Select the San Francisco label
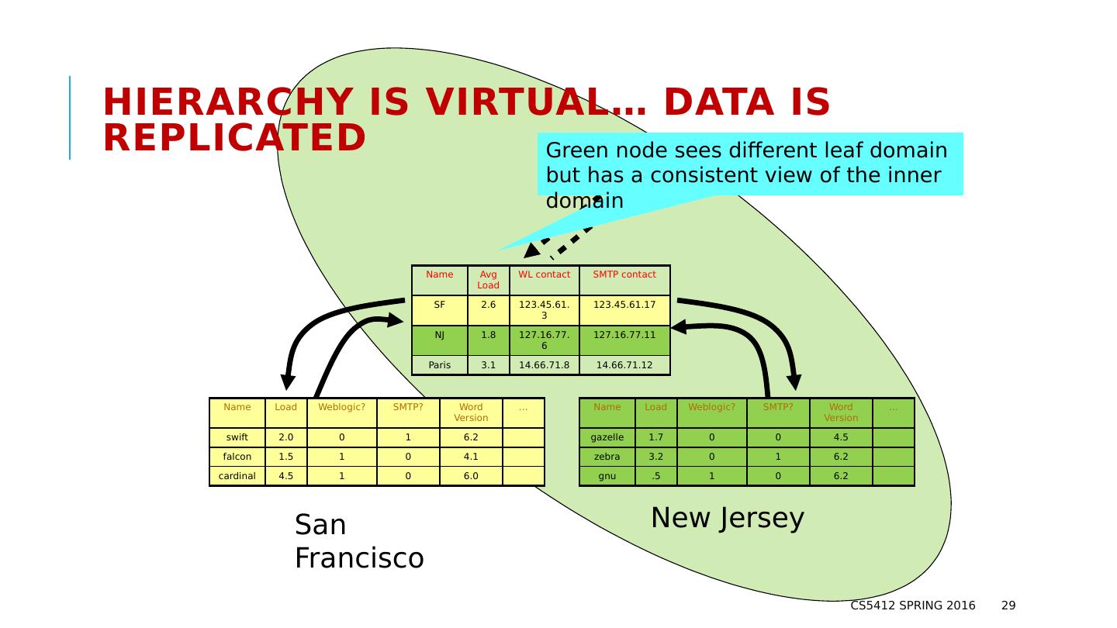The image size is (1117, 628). click(358, 541)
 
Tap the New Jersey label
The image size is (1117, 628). click(727, 518)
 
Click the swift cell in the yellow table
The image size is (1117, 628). click(237, 437)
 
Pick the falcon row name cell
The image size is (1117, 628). click(237, 457)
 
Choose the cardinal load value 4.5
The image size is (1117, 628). click(286, 476)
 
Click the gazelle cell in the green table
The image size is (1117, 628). click(607, 437)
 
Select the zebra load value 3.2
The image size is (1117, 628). click(655, 457)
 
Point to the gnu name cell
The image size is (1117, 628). click(607, 476)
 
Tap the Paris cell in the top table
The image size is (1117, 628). click(439, 365)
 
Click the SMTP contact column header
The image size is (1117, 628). click(624, 274)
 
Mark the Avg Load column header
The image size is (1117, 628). click(488, 280)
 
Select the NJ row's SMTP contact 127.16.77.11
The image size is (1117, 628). click(624, 336)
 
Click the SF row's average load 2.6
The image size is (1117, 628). click(488, 305)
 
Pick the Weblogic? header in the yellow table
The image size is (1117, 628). click(341, 407)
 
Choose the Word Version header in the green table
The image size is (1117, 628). click(841, 412)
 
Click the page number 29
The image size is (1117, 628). click(1008, 606)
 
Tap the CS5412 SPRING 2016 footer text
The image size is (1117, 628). click(913, 606)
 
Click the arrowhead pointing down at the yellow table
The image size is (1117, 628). click(288, 382)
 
